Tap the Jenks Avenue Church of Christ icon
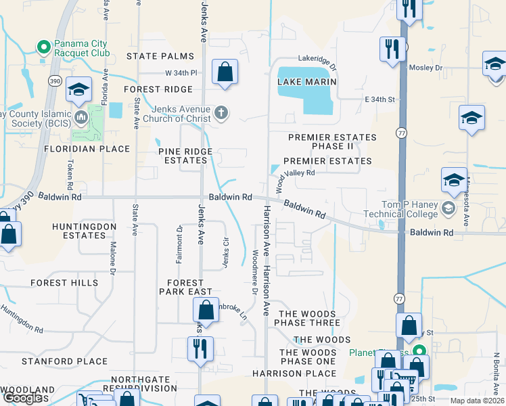[x=221, y=113]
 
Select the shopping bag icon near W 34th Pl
[x=225, y=72]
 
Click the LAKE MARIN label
[x=307, y=81]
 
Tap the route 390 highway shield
[x=55, y=81]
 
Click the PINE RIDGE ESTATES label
[x=185, y=156]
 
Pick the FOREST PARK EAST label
[x=185, y=287]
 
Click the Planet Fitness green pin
[x=419, y=351]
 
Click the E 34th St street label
[x=379, y=99]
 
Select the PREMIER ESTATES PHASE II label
[x=331, y=141]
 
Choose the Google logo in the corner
[x=25, y=398]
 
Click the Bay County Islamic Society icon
[x=83, y=117]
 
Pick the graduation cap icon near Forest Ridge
[x=78, y=90]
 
